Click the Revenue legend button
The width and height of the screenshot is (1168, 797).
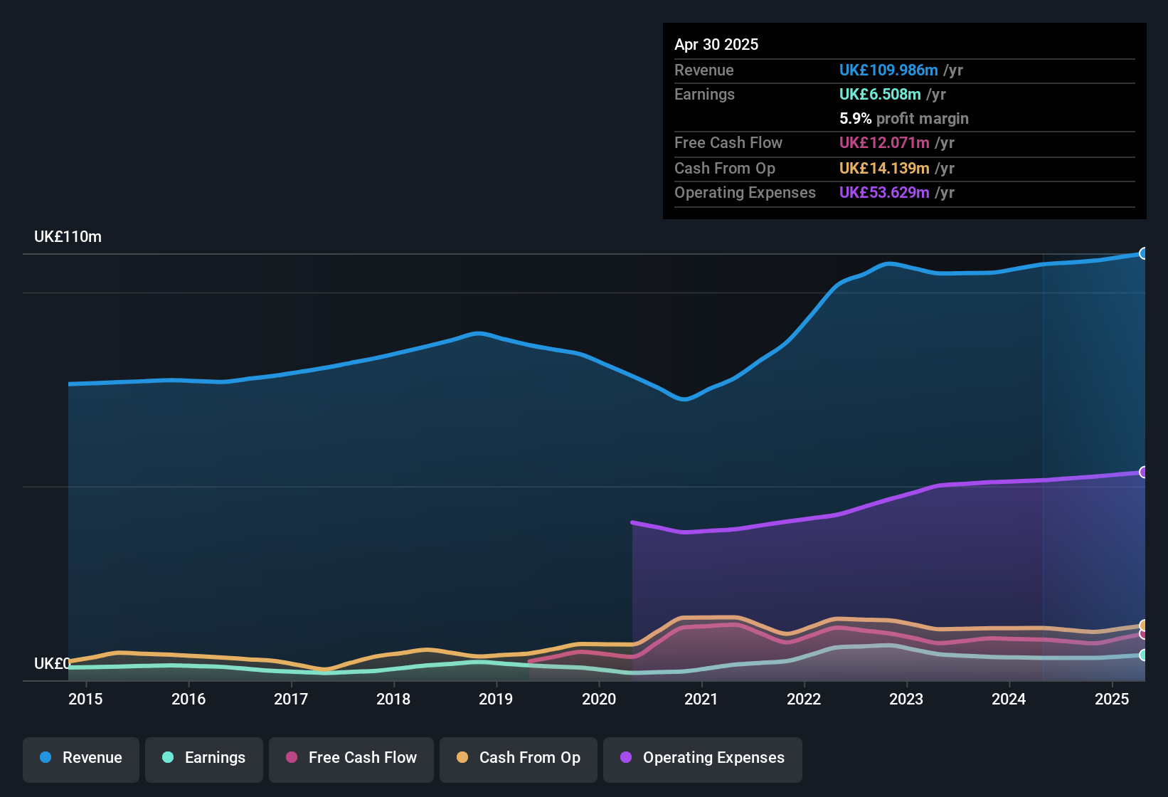81,758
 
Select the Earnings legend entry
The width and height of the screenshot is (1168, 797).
204,758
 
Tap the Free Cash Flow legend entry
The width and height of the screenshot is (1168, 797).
351,758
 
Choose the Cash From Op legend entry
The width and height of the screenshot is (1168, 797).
519,758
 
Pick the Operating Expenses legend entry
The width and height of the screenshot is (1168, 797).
703,758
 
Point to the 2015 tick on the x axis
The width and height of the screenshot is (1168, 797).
85,699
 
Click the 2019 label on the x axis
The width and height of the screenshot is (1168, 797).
496,699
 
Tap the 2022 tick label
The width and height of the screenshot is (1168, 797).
804,699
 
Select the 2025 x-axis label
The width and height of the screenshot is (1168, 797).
1112,699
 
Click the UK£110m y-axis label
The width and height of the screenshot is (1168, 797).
68,237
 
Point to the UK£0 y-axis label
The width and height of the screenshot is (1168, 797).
52,663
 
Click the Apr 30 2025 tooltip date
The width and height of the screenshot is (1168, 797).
716,44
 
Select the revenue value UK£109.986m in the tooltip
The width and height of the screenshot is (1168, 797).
888,70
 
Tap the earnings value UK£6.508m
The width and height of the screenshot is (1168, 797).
880,94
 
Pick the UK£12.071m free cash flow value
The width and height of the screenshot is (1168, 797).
884,142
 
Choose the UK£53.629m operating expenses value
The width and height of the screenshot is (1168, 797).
884,192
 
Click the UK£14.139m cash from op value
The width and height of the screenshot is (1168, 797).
884,168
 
